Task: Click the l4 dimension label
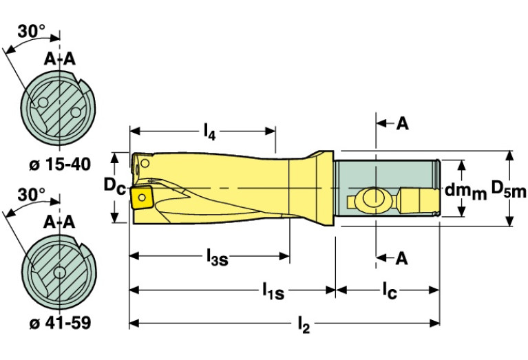tap(210, 132)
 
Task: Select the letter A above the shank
tap(402, 124)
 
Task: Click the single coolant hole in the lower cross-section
tap(60, 272)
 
